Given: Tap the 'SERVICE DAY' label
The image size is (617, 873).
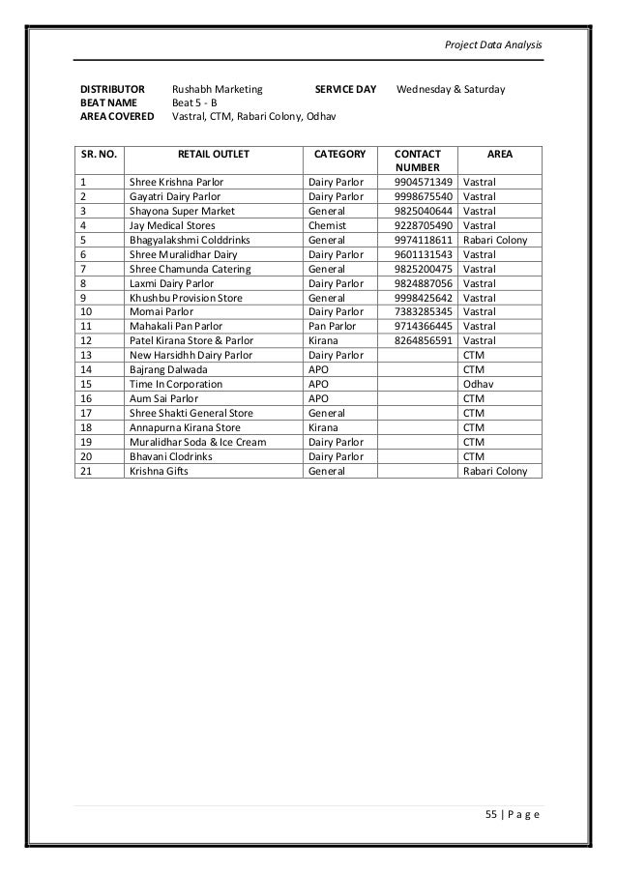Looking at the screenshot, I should (346, 90).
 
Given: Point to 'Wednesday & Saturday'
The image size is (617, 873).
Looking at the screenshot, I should (451, 90).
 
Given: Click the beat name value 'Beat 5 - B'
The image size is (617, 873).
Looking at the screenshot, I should (194, 104).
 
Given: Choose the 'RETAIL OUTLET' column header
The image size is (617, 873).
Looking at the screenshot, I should (213, 153).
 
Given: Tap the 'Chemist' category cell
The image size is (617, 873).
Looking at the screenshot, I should (326, 224).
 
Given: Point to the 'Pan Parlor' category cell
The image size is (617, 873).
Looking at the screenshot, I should (331, 326).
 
